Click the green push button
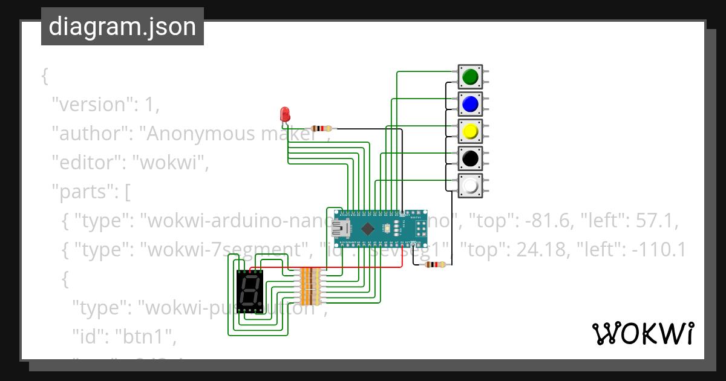[470, 77]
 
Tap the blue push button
[470, 104]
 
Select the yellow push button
[470, 131]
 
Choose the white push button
[470, 186]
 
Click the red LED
[284, 114]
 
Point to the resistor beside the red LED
[321, 128]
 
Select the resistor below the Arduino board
[435, 264]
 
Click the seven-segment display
[249, 290]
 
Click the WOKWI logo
[643, 333]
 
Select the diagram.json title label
[122, 27]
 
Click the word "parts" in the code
[83, 192]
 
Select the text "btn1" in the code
[143, 337]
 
